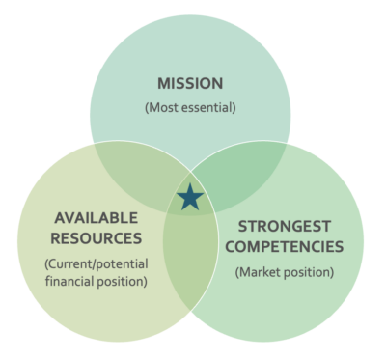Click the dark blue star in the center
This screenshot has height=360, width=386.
[x=190, y=198]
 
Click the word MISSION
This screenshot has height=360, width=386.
[x=190, y=84]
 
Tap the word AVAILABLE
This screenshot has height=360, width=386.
[x=96, y=218]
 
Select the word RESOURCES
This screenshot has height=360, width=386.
[x=96, y=238]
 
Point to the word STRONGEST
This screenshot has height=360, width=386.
[x=285, y=227]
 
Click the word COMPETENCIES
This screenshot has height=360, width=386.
[x=285, y=247]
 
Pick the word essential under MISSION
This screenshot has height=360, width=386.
[x=208, y=107]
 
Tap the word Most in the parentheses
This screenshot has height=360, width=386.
[x=163, y=107]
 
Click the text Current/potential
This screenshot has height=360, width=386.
[x=96, y=264]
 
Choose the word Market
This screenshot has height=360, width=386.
[x=258, y=272]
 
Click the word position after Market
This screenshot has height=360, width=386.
[x=309, y=273]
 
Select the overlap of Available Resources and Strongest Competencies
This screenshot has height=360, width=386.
[x=190, y=258]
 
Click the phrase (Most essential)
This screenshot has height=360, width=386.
[x=190, y=107]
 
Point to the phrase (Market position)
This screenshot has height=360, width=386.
[x=285, y=273]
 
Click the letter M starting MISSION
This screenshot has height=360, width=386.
[x=164, y=84]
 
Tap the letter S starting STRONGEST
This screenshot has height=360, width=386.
[x=243, y=227]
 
